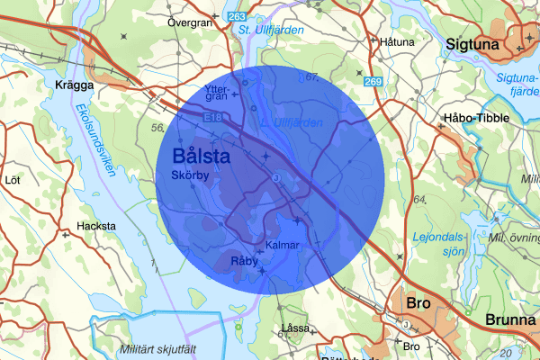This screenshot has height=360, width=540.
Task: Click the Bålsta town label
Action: (x=200, y=156)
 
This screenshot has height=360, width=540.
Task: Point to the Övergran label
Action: (x=189, y=21)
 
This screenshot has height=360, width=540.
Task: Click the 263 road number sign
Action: (x=237, y=17)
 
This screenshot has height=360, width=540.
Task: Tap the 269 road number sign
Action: (x=373, y=82)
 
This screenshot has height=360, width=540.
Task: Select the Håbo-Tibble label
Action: (x=476, y=118)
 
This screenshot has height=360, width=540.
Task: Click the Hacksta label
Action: (x=96, y=226)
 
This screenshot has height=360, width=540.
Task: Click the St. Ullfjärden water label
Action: (x=272, y=31)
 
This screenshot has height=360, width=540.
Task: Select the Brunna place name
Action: (x=509, y=319)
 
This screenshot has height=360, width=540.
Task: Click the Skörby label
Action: (x=189, y=175)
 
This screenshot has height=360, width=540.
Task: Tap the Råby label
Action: (x=244, y=261)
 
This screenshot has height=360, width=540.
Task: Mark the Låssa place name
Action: (x=294, y=327)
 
